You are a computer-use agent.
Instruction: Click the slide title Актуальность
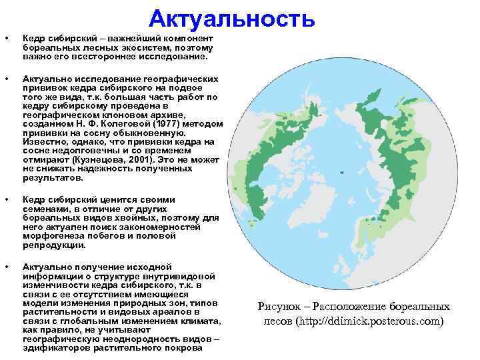[231, 19]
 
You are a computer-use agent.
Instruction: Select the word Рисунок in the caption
[279, 307]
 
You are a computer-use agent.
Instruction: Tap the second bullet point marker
[7, 77]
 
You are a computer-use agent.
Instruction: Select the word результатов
[53, 179]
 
